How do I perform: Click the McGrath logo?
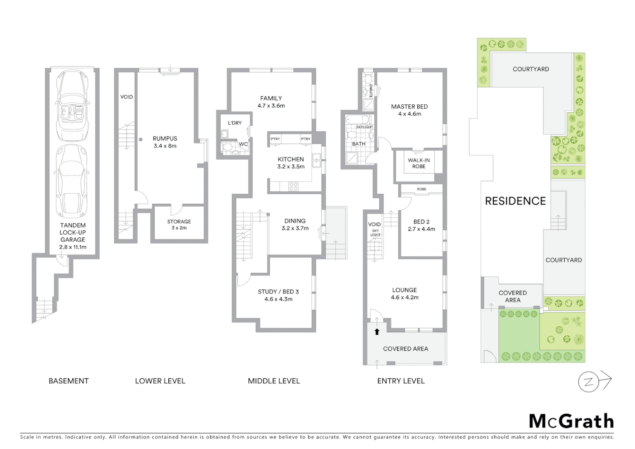point(571,421)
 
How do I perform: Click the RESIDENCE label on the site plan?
point(515,201)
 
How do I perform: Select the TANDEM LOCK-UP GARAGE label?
point(73,236)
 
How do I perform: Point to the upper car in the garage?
point(73,106)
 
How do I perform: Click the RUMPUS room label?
point(165,142)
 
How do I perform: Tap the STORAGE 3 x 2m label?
point(179,224)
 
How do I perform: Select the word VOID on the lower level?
point(126,97)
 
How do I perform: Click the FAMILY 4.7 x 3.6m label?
point(271,102)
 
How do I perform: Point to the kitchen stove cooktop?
point(293,187)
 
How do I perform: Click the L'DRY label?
point(235,123)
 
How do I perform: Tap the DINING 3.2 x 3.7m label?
point(295,224)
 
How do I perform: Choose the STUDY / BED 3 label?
point(278,295)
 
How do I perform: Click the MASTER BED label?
point(409,110)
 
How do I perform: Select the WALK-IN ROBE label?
point(418,163)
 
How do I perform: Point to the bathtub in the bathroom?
point(358,120)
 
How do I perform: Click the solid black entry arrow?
point(377,331)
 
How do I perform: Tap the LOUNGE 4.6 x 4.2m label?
point(404,294)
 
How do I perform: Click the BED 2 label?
point(421,225)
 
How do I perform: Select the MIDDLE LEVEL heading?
point(273,381)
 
